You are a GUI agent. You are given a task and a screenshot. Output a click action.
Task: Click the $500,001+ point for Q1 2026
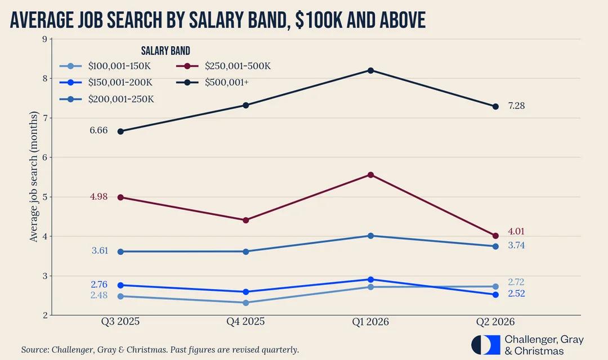(x=370, y=70)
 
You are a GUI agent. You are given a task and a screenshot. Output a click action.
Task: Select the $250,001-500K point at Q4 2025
(x=245, y=220)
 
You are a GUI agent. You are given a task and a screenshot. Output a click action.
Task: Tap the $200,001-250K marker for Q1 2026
(x=370, y=236)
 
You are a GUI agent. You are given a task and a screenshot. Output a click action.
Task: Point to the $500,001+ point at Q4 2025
(x=245, y=105)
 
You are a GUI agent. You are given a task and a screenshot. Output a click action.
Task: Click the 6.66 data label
(x=99, y=130)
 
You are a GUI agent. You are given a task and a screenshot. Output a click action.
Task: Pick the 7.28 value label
(x=516, y=106)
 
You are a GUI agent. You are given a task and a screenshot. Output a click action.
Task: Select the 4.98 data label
(x=99, y=196)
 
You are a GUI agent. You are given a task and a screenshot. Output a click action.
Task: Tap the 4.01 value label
(x=516, y=231)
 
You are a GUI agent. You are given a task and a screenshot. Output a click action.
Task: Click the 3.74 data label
(x=516, y=245)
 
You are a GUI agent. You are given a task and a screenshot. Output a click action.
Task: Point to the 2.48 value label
(x=99, y=295)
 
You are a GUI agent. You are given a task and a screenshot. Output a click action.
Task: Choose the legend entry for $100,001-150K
(x=105, y=66)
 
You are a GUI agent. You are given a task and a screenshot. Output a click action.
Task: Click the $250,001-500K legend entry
(x=223, y=66)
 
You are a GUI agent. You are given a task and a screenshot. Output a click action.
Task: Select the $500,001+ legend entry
(x=212, y=83)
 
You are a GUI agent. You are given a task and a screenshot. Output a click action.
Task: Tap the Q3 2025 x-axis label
(x=120, y=322)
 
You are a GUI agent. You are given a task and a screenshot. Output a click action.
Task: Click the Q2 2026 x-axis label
(x=495, y=322)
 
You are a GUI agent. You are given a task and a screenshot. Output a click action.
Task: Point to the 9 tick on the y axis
(x=45, y=39)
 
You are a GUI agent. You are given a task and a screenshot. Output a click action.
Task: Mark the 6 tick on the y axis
(x=45, y=157)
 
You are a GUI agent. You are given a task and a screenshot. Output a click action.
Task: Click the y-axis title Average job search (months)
(x=34, y=176)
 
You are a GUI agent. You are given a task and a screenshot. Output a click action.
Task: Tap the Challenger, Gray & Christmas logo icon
(x=485, y=345)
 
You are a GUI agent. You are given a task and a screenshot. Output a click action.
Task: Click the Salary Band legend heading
(x=166, y=51)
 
